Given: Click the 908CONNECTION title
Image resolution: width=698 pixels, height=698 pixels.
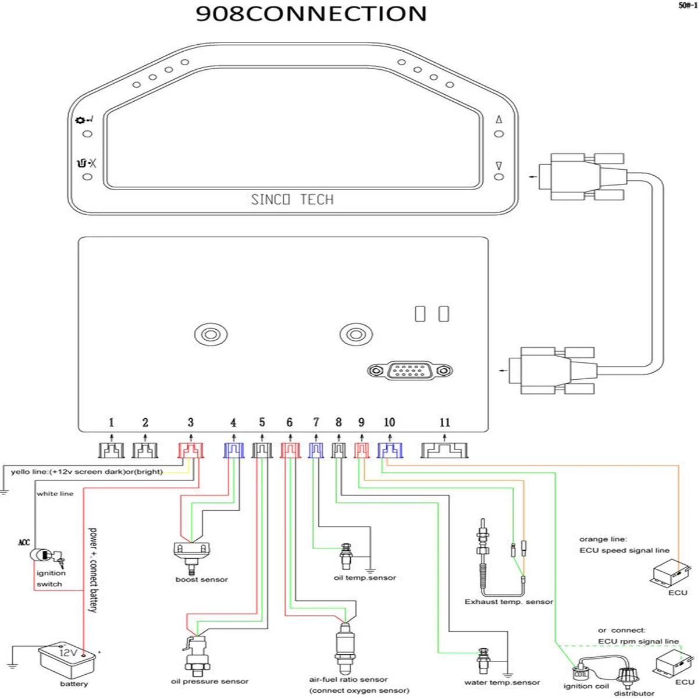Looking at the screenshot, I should click(311, 13).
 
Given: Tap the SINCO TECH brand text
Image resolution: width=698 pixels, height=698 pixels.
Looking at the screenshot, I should click(292, 200).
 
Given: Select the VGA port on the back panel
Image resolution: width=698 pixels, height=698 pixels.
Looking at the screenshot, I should click(410, 370).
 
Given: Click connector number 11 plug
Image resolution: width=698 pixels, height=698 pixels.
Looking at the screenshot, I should click(445, 450).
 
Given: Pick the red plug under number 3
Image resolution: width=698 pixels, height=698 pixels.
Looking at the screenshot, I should click(190, 450).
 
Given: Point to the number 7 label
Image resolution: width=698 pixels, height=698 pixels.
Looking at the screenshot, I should click(316, 422).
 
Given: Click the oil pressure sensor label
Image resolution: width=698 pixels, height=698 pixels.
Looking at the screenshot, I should click(209, 681).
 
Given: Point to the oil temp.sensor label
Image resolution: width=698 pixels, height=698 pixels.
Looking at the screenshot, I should click(365, 578).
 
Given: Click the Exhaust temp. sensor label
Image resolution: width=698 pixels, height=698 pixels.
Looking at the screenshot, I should click(509, 601).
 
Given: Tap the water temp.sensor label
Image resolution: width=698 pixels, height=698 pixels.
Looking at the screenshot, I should click(502, 682).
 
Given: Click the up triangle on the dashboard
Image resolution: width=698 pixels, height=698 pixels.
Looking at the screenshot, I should click(498, 120).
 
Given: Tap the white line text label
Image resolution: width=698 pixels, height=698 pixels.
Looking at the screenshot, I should click(55, 493).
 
